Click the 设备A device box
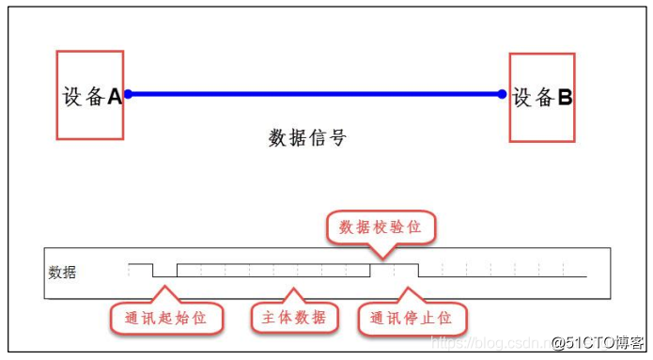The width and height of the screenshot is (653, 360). click(90, 95)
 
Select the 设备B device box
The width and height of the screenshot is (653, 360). click(541, 97)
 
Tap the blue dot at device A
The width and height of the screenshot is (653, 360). click(128, 94)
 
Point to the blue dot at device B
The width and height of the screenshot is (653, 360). click(503, 94)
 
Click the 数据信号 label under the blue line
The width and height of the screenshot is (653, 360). click(307, 138)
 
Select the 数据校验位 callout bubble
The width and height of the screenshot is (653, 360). click(381, 227)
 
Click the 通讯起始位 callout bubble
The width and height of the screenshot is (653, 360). click(167, 318)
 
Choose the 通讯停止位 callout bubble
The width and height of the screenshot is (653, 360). click(412, 318)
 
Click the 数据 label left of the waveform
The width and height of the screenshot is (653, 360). click(62, 274)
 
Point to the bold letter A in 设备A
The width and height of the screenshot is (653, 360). click(115, 96)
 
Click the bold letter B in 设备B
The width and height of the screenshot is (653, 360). click(565, 97)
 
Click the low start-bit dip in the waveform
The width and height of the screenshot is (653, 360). click(165, 275)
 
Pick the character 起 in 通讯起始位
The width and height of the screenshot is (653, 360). click(167, 318)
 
